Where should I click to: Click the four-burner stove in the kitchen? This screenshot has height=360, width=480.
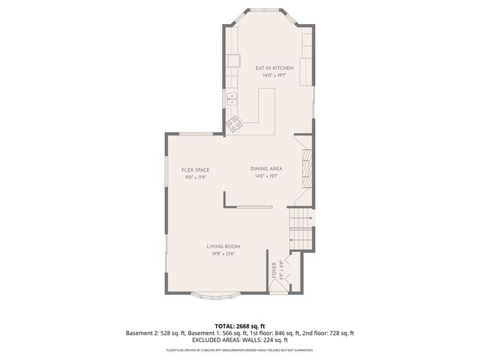(234, 124)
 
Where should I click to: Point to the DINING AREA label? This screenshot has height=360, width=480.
(266, 169)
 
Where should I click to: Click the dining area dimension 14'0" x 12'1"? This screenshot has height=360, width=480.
(266, 176)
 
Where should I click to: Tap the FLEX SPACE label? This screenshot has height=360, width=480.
(195, 170)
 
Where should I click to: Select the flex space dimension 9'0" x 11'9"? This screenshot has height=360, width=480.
(195, 178)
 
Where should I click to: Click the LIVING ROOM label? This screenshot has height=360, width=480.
(223, 246)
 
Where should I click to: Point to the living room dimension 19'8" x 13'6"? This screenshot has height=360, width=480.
(223, 253)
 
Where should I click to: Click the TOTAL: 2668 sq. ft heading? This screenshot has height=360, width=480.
(240, 326)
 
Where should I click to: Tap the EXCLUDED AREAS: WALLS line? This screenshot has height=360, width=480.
(240, 340)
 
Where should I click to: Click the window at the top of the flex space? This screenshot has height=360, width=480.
(195, 133)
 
